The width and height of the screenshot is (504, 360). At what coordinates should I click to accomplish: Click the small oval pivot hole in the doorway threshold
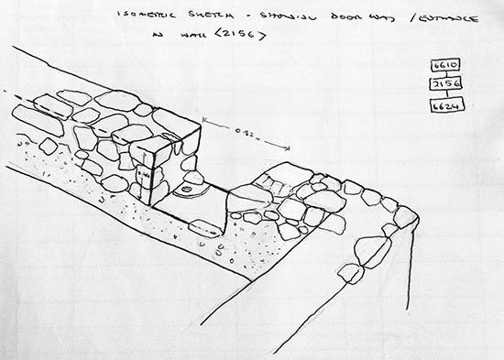click(x=188, y=191)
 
